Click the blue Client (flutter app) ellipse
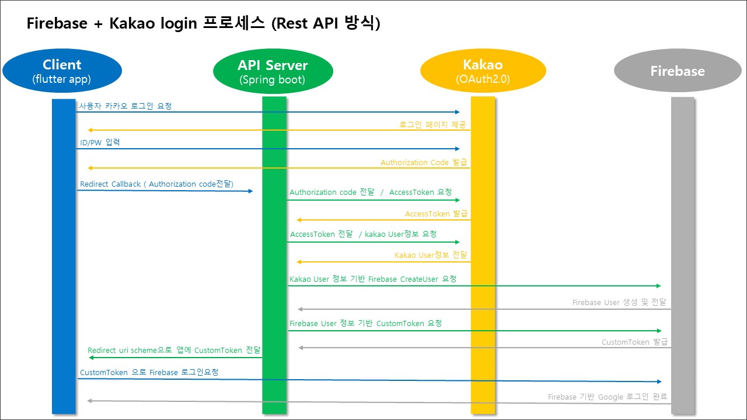[62, 71]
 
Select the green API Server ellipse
[273, 71]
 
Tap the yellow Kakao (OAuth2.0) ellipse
[483, 71]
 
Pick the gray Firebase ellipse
[677, 71]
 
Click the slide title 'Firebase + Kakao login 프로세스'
[203, 24]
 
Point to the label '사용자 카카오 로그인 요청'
[125, 106]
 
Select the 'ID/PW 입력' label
[100, 142]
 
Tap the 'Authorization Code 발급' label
[424, 162]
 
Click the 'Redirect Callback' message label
[156, 184]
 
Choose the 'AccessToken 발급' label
[436, 213]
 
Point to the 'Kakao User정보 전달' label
[431, 255]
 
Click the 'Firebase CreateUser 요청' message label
[373, 279]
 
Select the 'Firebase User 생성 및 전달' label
[620, 302]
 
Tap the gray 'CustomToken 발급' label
[634, 342]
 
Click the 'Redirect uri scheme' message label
[174, 350]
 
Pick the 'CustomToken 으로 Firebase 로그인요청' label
[149, 372]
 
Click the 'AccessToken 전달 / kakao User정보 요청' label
[363, 234]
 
